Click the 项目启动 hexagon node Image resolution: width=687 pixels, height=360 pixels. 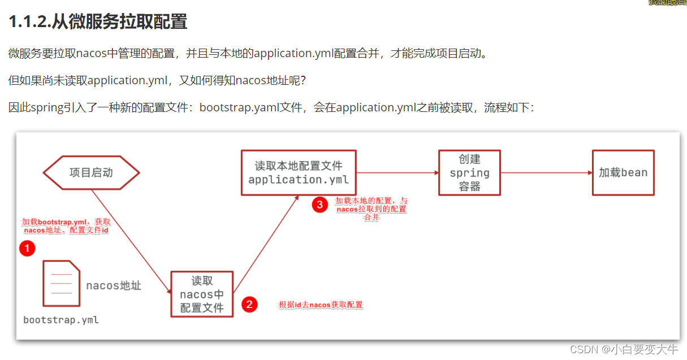91,172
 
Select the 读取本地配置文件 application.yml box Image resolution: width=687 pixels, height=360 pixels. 299,172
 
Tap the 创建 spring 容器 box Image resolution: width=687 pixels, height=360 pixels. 469,172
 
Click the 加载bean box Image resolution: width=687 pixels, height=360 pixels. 623,172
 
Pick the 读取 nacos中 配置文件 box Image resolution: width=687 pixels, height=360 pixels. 202,294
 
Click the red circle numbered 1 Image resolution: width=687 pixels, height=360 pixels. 27,248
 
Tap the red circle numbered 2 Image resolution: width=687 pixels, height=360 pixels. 249,305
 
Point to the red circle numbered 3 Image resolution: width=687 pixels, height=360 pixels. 319,205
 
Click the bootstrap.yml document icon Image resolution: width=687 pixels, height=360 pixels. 61,283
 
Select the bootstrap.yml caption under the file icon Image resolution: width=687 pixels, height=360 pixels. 61,320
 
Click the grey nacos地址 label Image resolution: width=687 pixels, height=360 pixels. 114,285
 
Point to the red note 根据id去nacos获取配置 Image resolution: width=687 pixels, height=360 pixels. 321,305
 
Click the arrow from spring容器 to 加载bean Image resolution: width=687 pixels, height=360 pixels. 546,172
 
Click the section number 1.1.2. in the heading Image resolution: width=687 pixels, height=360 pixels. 29,22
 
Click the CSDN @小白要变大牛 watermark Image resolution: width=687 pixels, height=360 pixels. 624,349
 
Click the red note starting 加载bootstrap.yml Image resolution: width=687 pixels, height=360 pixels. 66,226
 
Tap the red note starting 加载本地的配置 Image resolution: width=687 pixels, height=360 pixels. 371,209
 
